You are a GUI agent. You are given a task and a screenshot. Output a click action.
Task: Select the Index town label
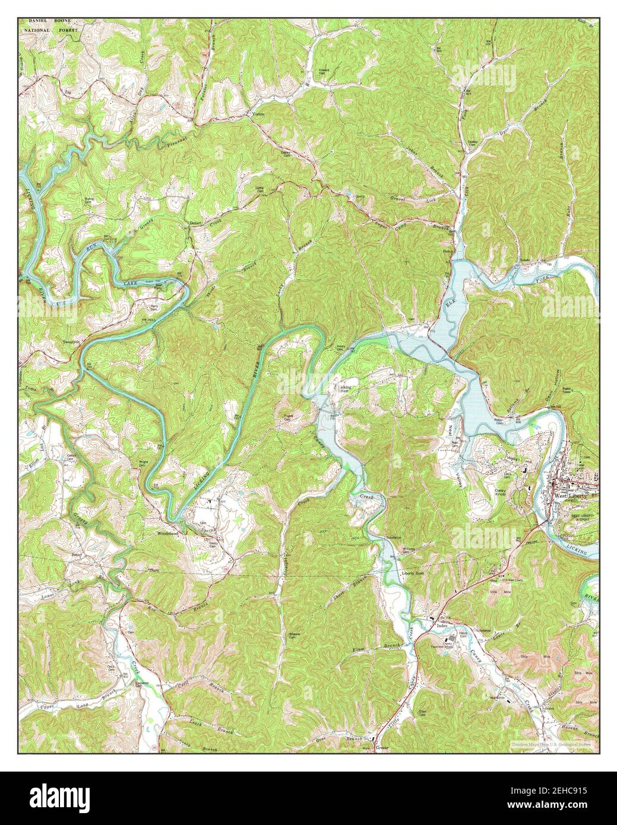point(441,626)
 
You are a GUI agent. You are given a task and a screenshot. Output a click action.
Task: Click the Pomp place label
point(447,252)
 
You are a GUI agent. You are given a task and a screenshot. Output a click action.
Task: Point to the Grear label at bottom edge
point(382,748)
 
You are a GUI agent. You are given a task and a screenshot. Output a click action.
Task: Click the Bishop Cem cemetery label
point(90,201)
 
